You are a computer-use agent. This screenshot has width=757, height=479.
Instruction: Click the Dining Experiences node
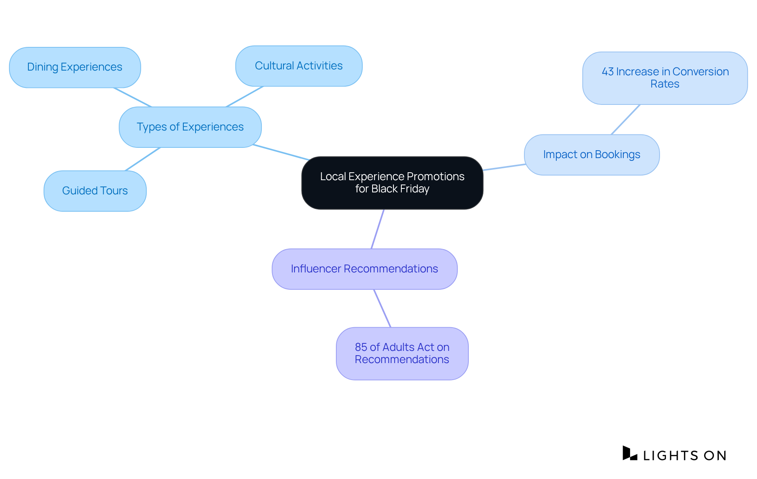(75, 67)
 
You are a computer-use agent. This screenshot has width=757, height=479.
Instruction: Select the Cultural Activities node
(298, 66)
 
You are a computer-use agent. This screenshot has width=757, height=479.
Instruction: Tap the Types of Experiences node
(190, 127)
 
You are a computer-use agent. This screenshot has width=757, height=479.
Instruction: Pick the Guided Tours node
(95, 191)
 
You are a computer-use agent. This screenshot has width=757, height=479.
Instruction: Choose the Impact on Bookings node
(591, 155)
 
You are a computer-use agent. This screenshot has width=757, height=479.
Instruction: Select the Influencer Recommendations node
(364, 269)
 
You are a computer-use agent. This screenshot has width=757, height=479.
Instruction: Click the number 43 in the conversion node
(608, 72)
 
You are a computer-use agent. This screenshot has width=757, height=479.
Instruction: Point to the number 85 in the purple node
(361, 347)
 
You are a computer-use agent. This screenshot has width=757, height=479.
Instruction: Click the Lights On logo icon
(630, 453)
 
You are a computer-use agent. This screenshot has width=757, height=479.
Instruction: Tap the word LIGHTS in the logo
(670, 456)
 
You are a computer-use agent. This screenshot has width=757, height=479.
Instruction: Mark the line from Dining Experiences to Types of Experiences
(132, 97)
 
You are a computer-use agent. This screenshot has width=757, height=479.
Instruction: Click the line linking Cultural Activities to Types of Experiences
(244, 97)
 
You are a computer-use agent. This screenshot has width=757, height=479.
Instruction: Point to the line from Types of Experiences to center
(281, 152)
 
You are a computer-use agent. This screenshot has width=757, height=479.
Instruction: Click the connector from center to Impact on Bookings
(504, 167)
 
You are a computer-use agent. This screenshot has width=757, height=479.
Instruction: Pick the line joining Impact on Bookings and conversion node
(625, 119)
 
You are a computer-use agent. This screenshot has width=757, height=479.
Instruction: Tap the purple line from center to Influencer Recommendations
(378, 229)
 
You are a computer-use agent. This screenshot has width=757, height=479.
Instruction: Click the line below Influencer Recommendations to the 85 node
(382, 308)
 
